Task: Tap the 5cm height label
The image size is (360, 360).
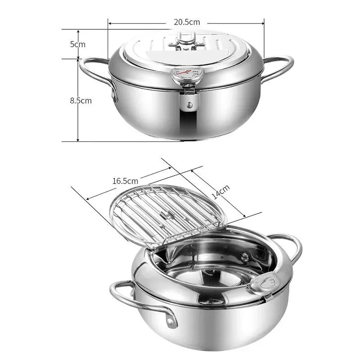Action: point(77,44)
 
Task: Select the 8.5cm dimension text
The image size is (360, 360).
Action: point(81,100)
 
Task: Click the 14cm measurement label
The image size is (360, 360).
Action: point(221,192)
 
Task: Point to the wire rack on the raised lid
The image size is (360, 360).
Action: point(166,214)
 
